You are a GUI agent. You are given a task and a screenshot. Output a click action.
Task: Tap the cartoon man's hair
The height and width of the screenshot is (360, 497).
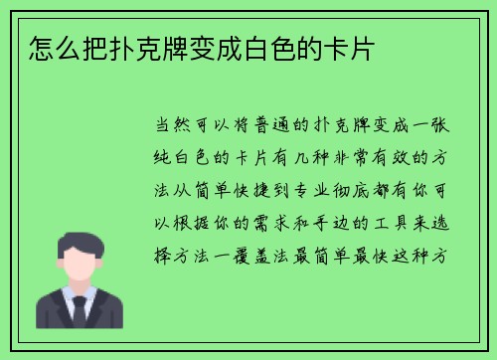pyautogui.click(x=77, y=242)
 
